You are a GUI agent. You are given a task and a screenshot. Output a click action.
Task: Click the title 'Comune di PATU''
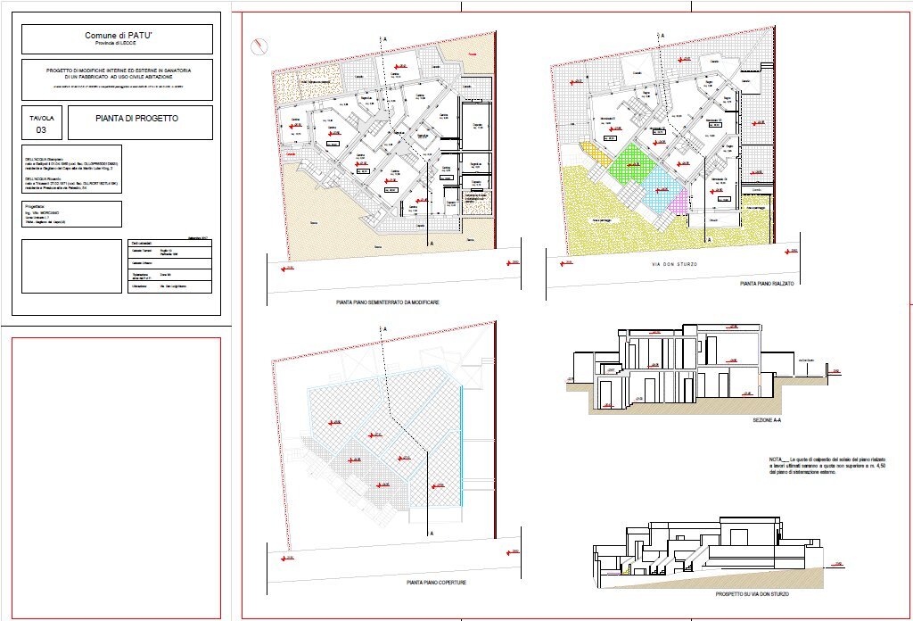point(117,35)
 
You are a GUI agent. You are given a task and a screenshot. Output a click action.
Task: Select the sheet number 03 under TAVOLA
point(41,129)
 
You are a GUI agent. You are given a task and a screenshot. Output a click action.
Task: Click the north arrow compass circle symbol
point(259,44)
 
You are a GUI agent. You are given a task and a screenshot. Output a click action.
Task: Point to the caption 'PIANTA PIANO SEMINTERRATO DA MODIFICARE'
point(387,302)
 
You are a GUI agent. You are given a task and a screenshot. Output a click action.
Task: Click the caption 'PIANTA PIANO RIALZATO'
point(766,283)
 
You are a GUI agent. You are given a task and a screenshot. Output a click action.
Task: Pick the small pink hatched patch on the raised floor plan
point(679,201)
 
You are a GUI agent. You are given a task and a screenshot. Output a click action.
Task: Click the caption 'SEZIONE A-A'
point(766,418)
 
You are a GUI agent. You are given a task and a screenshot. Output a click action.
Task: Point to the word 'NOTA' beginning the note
point(755,459)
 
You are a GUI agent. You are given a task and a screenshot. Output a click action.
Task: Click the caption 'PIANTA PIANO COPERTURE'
point(436,582)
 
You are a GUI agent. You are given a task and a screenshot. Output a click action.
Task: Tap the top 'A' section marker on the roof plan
point(385,329)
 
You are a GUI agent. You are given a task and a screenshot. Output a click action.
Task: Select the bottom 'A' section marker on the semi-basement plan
point(432,242)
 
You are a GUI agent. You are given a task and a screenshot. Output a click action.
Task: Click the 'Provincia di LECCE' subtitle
point(117,44)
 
